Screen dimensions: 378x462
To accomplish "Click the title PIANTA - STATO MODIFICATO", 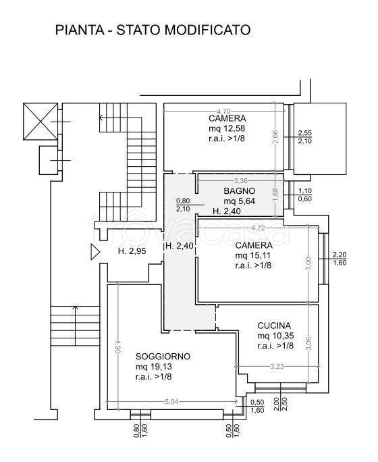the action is click(x=153, y=30).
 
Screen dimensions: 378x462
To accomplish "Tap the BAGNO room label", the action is click(x=240, y=191).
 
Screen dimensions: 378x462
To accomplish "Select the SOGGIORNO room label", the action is click(x=163, y=357).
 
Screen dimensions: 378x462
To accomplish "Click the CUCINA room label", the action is click(x=274, y=326).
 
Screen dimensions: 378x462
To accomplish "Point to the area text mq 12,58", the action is click(x=227, y=128).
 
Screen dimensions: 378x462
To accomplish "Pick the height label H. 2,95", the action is click(x=132, y=251).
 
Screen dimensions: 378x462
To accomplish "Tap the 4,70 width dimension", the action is click(x=223, y=111).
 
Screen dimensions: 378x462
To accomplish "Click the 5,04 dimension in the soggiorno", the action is click(x=171, y=402).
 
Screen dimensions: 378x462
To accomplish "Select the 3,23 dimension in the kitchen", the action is click(x=277, y=367).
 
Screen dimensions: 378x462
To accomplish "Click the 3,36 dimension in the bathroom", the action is click(x=240, y=180).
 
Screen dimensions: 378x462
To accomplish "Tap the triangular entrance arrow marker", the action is click(x=95, y=252).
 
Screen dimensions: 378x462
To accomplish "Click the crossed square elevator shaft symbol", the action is click(x=40, y=121).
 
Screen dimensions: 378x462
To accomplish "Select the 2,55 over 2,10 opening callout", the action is click(x=304, y=137).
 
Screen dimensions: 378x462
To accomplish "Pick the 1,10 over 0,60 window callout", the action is click(x=304, y=195).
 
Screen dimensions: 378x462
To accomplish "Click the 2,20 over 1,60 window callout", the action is click(x=340, y=259).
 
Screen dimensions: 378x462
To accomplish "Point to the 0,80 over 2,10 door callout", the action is click(x=183, y=205).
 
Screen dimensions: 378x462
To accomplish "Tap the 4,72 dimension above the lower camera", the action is click(x=258, y=228).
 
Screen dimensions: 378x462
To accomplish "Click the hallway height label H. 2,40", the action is click(x=180, y=246).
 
